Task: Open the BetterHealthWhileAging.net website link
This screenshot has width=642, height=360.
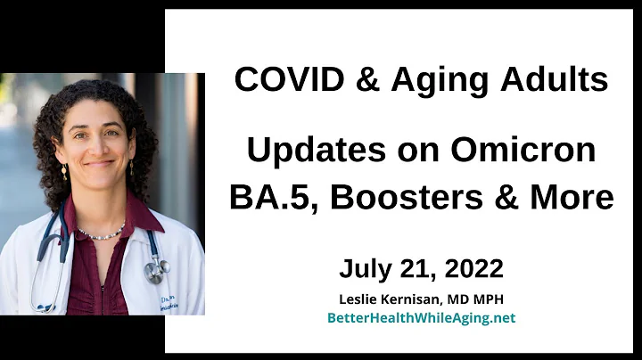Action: coord(421,317)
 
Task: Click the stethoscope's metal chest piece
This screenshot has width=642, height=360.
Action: coord(155,269)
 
